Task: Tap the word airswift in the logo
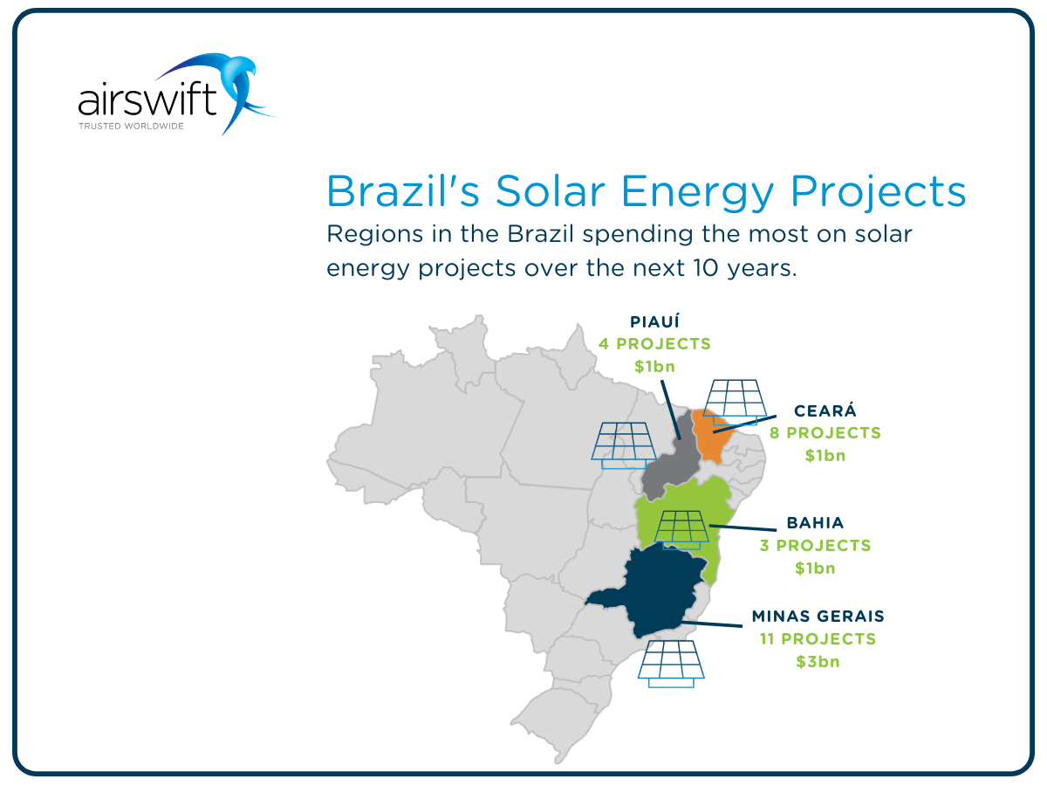[x=147, y=103]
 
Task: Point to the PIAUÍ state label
[x=654, y=322]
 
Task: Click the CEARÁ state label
[x=825, y=410]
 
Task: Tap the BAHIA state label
[x=815, y=523]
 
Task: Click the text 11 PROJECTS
[x=818, y=639]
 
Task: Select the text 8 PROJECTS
[x=825, y=433]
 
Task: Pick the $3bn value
[x=818, y=662]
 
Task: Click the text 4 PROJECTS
[x=654, y=344]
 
